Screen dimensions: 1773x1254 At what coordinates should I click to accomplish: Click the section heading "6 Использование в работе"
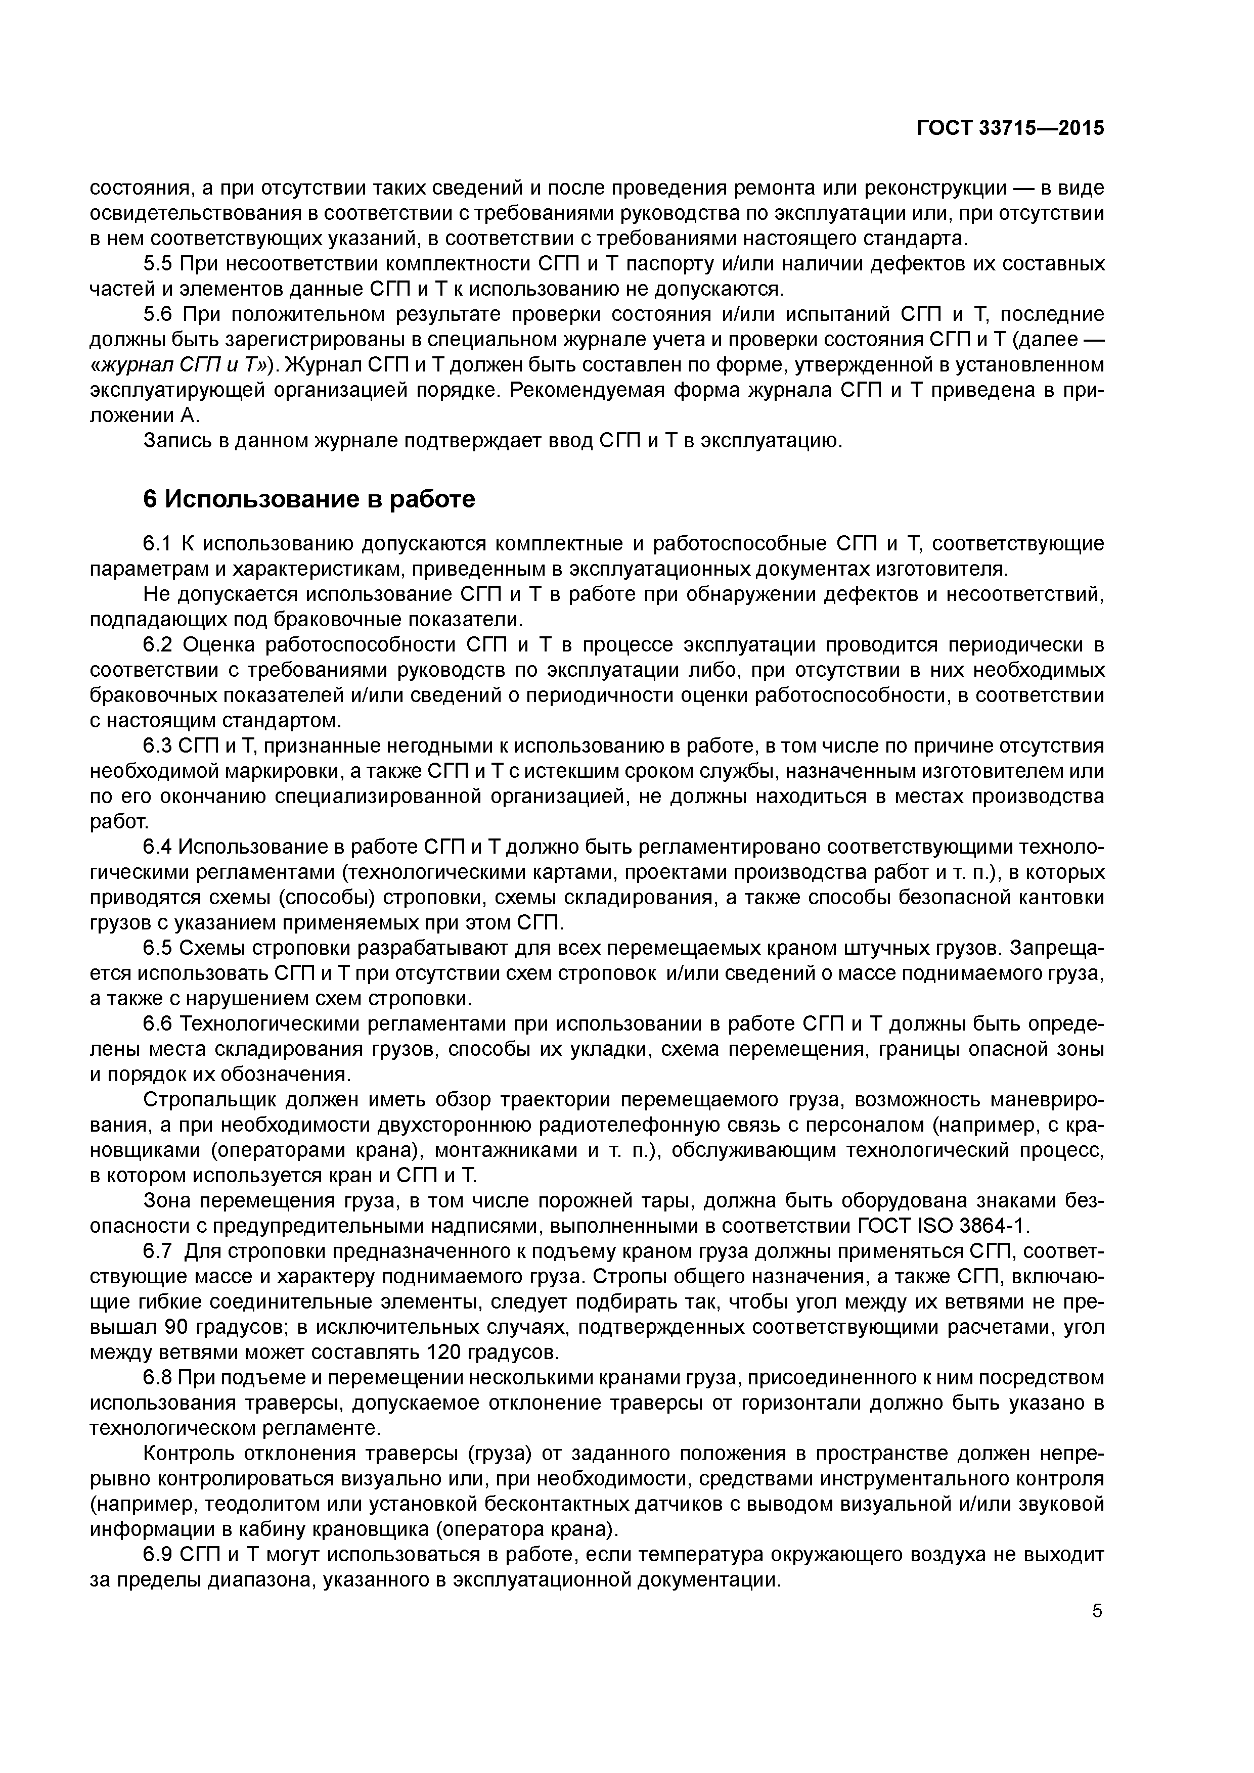pos(309,500)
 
